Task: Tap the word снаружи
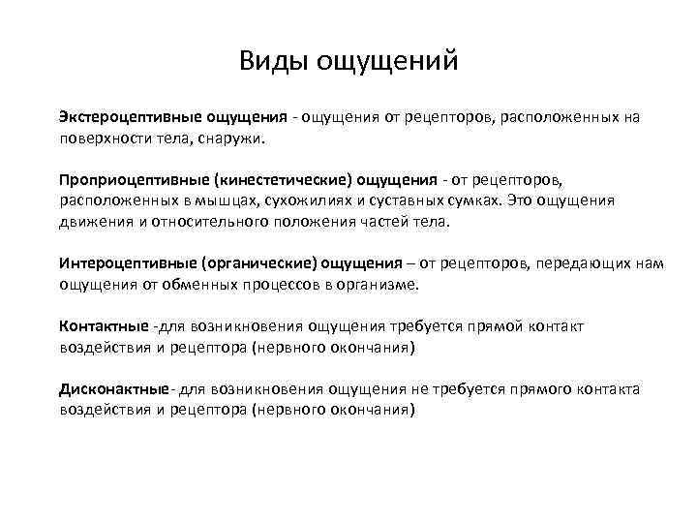pyautogui.click(x=235, y=138)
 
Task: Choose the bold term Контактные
pyautogui.click(x=104, y=326)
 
